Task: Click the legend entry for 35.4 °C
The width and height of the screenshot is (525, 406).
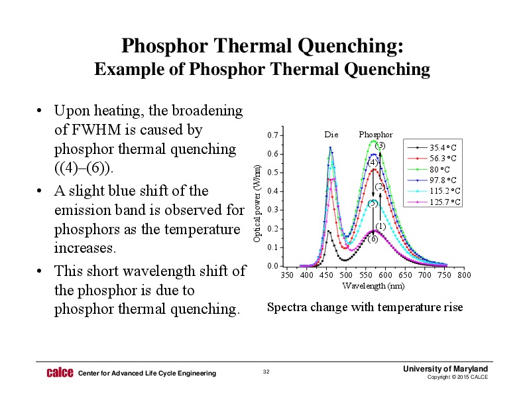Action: coord(438,147)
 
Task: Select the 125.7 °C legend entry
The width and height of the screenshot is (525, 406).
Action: coord(438,202)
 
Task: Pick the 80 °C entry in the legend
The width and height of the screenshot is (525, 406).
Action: coord(438,169)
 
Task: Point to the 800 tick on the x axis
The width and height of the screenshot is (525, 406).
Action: coord(464,275)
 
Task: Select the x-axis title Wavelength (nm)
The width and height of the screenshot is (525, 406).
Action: coord(373,286)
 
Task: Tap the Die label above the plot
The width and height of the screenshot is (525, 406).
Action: coord(331,135)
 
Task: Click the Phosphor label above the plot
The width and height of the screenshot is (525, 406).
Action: coord(376,135)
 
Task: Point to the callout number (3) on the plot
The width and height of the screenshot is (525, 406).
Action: coord(380,145)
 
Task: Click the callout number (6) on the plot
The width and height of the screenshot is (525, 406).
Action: coord(373,239)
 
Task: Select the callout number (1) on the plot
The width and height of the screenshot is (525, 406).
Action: coord(381,227)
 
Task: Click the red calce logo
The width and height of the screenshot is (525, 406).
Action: coord(60,373)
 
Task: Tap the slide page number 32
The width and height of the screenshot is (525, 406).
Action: coord(266,373)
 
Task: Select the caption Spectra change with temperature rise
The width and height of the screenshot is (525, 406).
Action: coord(365,307)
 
